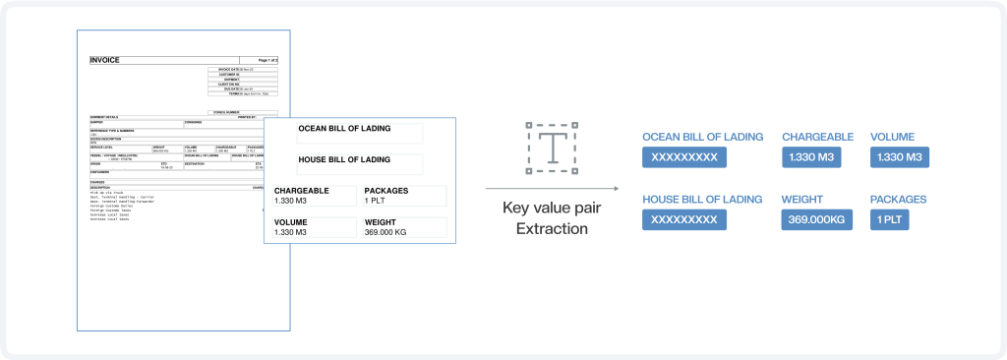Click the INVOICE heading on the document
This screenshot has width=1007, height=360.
click(104, 60)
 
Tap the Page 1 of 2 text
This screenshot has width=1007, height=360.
click(262, 61)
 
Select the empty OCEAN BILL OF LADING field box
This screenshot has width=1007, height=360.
click(359, 134)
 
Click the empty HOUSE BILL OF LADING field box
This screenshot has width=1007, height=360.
click(359, 165)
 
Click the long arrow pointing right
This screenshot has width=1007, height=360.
click(552, 189)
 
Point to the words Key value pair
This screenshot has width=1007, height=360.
click(552, 208)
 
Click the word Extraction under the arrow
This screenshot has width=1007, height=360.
click(552, 228)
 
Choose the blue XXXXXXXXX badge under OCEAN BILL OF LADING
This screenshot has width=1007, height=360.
click(684, 157)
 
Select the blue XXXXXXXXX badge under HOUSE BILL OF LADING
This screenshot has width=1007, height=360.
click(684, 219)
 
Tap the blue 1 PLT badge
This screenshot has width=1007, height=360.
click(890, 219)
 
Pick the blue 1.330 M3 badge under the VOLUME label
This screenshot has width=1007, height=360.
click(900, 157)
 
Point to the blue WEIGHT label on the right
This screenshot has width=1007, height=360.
click(802, 199)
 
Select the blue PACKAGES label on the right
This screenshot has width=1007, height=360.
click(898, 199)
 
